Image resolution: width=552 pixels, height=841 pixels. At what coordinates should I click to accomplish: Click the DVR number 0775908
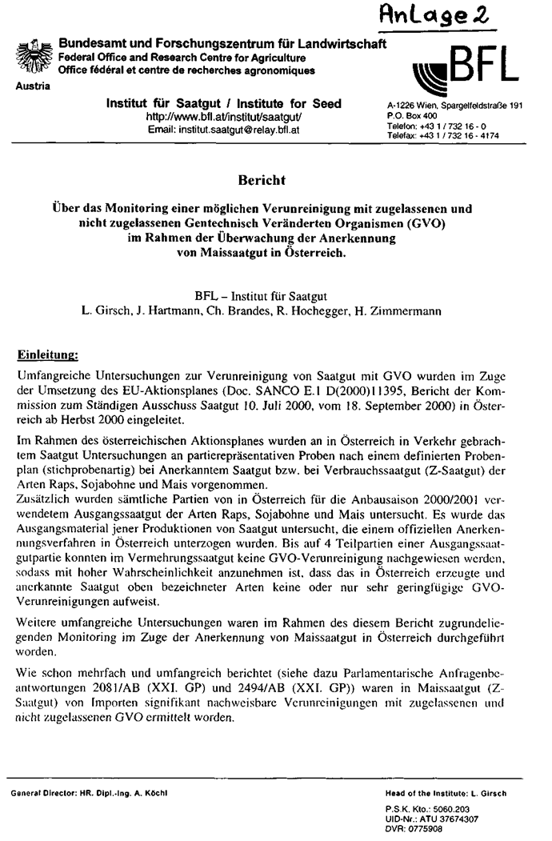pos(421,829)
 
